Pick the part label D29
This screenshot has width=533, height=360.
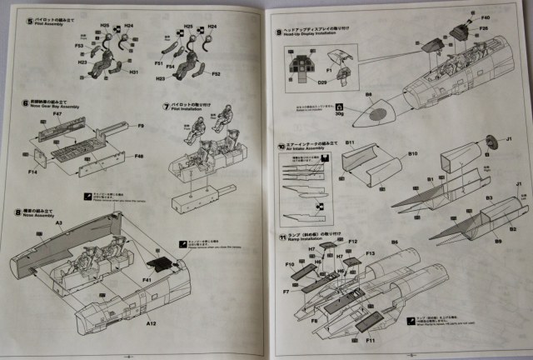coord(322,83)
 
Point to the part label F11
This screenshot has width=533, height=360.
coord(371,340)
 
